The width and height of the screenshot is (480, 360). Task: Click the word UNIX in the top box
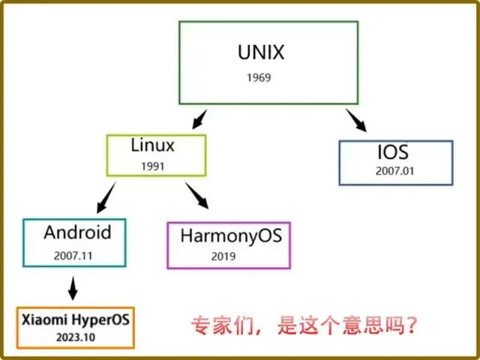point(261,52)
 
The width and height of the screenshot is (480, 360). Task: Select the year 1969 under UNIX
point(259,77)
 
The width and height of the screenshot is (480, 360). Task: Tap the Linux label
point(152,145)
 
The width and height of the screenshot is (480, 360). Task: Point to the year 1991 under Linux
point(153,166)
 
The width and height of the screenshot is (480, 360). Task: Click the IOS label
point(393,152)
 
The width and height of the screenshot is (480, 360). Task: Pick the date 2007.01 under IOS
point(395,171)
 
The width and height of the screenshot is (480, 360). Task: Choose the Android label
point(77,232)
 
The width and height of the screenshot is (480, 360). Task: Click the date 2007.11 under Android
point(73,256)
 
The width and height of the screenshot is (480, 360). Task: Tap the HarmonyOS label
point(231,236)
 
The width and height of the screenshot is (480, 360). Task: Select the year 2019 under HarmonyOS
point(223,256)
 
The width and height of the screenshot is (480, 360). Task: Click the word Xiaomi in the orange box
point(44,320)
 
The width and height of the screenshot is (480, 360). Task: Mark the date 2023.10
point(76,337)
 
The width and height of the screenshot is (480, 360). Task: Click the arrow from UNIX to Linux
point(199,119)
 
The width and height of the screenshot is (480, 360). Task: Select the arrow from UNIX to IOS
point(356,120)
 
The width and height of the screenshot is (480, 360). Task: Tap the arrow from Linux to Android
point(106,197)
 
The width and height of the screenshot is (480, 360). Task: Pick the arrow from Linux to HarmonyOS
point(196,196)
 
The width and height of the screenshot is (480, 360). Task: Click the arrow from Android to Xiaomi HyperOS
point(73,288)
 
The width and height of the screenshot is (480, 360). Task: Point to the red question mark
point(411,325)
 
